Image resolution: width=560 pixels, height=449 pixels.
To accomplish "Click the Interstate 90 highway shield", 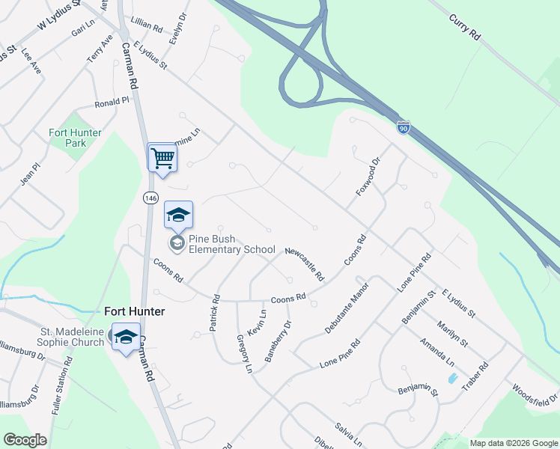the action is [x=404, y=128].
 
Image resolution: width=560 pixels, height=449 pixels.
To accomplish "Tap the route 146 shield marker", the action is [x=150, y=197].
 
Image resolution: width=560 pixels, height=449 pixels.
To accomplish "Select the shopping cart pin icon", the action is [x=162, y=158].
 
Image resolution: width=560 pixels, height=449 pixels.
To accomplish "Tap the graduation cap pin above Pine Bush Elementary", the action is [x=177, y=216].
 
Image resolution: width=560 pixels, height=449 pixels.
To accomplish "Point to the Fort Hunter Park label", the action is [x=75, y=138].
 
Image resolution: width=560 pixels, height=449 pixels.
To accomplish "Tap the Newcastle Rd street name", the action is [x=304, y=263].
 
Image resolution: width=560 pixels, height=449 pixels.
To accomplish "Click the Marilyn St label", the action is [x=454, y=332].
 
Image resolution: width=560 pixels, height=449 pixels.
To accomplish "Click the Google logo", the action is [x=25, y=441].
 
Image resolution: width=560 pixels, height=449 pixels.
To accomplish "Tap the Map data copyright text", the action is [x=514, y=443].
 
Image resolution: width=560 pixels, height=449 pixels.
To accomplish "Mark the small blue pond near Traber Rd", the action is [x=452, y=379].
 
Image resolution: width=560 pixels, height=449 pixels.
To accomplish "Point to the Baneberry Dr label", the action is [x=277, y=335].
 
